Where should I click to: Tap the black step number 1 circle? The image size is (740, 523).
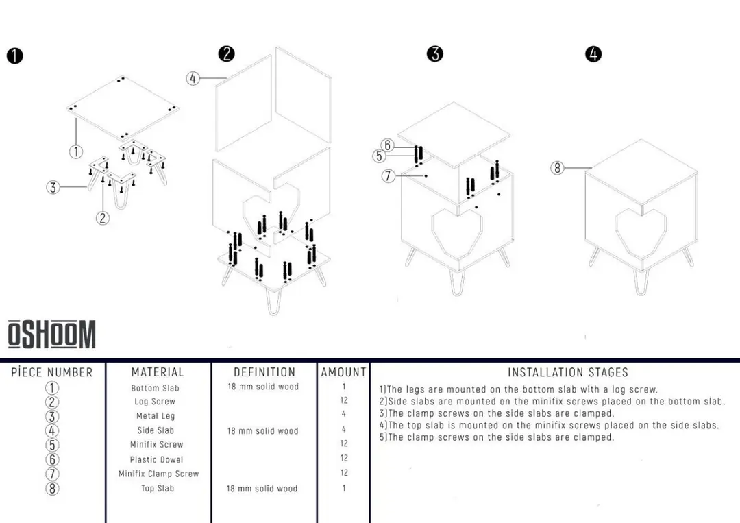[14, 56]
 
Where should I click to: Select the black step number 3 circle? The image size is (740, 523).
[434, 53]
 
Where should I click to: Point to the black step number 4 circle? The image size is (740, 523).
[593, 54]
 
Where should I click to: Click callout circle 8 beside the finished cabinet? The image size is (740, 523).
[558, 167]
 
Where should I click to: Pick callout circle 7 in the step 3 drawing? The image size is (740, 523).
[388, 176]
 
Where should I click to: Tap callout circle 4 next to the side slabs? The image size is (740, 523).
[193, 78]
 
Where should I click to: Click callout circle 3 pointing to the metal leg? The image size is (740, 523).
[53, 187]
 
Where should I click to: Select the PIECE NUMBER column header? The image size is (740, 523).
[52, 372]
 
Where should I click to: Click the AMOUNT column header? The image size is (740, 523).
[343, 372]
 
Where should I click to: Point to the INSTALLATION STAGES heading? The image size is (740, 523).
[567, 372]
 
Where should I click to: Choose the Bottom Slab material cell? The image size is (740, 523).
[155, 388]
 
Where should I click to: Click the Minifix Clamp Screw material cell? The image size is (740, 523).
[158, 474]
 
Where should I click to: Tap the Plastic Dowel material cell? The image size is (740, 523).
[157, 459]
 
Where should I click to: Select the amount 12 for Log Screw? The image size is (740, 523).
[344, 400]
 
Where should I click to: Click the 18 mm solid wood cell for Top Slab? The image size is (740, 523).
[262, 489]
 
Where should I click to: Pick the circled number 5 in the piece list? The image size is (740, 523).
[52, 445]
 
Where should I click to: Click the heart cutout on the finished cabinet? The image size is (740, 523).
[640, 232]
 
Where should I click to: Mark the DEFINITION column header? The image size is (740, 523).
[264, 372]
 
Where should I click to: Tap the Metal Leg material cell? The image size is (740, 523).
[156, 416]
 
